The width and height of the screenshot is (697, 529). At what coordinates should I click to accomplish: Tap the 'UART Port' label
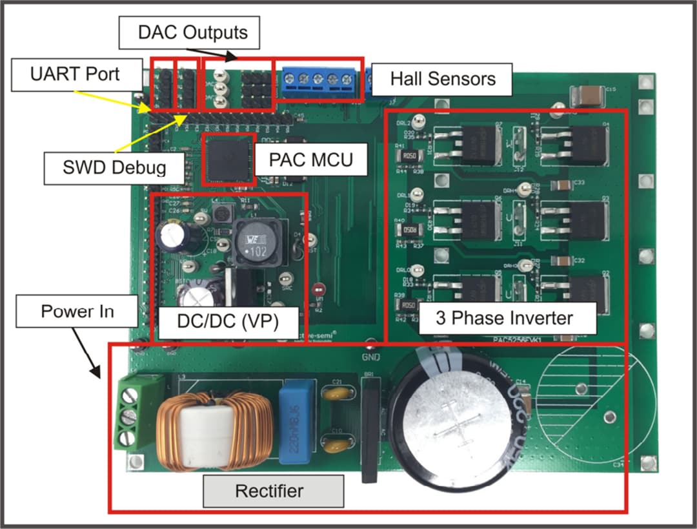point(76,74)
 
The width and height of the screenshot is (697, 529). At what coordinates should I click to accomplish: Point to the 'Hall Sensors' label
point(442,79)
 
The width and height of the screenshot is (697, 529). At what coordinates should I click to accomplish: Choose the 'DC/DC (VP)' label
point(229,322)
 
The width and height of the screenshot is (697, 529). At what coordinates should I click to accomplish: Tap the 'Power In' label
point(77,311)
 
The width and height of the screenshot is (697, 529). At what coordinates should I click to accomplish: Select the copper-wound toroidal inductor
point(207,429)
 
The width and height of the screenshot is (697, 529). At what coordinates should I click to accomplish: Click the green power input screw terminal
point(129,414)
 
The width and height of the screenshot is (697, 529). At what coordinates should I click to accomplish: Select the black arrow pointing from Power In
point(86,352)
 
